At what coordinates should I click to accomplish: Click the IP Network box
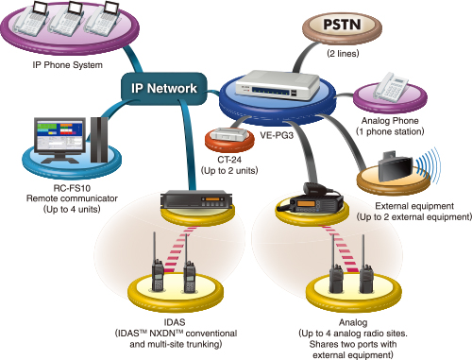(x=164, y=89)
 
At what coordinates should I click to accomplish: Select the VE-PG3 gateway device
(x=278, y=84)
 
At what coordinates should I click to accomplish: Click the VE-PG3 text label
(x=277, y=135)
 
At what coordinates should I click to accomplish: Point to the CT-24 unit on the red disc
(x=229, y=134)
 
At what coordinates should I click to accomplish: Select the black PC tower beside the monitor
(x=99, y=140)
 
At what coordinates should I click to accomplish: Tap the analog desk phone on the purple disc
(x=390, y=87)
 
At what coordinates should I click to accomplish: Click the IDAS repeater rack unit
(x=196, y=199)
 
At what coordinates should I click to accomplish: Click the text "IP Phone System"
(x=68, y=65)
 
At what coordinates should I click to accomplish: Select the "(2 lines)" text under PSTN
(x=343, y=54)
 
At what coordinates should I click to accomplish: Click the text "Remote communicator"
(x=72, y=198)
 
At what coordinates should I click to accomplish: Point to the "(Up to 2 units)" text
(x=229, y=171)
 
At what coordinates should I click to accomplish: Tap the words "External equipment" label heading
(x=414, y=206)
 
